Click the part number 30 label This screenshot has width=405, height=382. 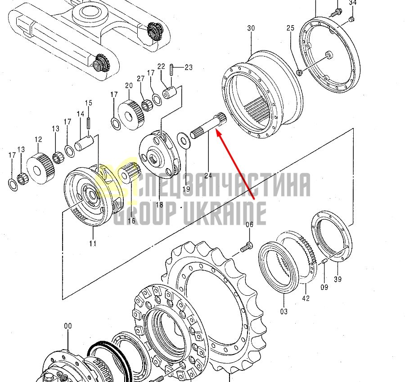tap(251, 28)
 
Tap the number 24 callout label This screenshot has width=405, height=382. tap(208, 176)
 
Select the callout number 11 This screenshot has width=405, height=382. tap(93, 243)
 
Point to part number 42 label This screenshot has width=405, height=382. tap(306, 298)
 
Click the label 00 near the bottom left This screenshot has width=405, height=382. tap(67, 326)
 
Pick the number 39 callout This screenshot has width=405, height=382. tap(337, 279)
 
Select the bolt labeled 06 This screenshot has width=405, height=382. tap(247, 247)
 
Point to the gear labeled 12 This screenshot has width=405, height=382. tap(40, 169)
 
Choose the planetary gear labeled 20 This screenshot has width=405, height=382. tap(131, 115)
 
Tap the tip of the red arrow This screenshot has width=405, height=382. tap(216, 131)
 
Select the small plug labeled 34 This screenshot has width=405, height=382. tap(351, 19)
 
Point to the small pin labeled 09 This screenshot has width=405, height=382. tap(325, 262)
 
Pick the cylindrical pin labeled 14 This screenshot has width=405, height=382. tap(84, 143)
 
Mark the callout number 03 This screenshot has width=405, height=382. tap(283, 311)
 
